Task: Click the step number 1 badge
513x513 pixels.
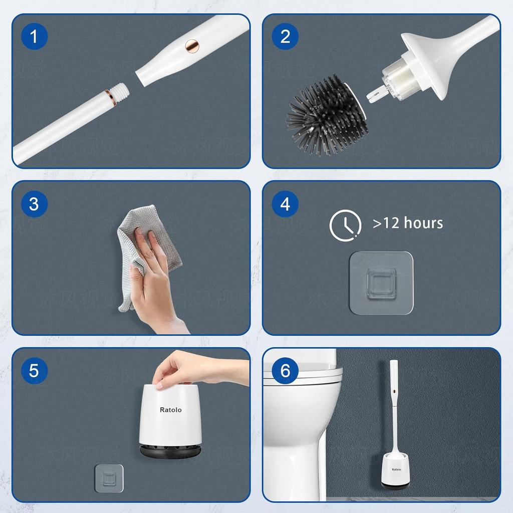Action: pyautogui.click(x=34, y=37)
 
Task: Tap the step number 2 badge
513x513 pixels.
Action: pyautogui.click(x=285, y=37)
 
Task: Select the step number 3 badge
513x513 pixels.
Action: pyautogui.click(x=34, y=204)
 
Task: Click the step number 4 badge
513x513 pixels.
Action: pyautogui.click(x=285, y=204)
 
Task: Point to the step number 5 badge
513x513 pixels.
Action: pyautogui.click(x=34, y=371)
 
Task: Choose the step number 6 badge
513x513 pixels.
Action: pyautogui.click(x=285, y=371)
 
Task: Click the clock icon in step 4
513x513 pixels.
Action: pyautogui.click(x=345, y=225)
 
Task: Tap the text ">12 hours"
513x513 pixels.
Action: pyautogui.click(x=408, y=223)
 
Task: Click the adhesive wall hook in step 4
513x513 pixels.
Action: pyautogui.click(x=381, y=283)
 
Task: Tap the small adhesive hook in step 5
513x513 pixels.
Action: pyautogui.click(x=109, y=478)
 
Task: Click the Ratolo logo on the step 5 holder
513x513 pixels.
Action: pyautogui.click(x=170, y=410)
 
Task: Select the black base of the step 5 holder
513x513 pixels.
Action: pyautogui.click(x=170, y=450)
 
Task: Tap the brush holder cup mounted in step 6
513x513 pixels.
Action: pyautogui.click(x=394, y=471)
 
